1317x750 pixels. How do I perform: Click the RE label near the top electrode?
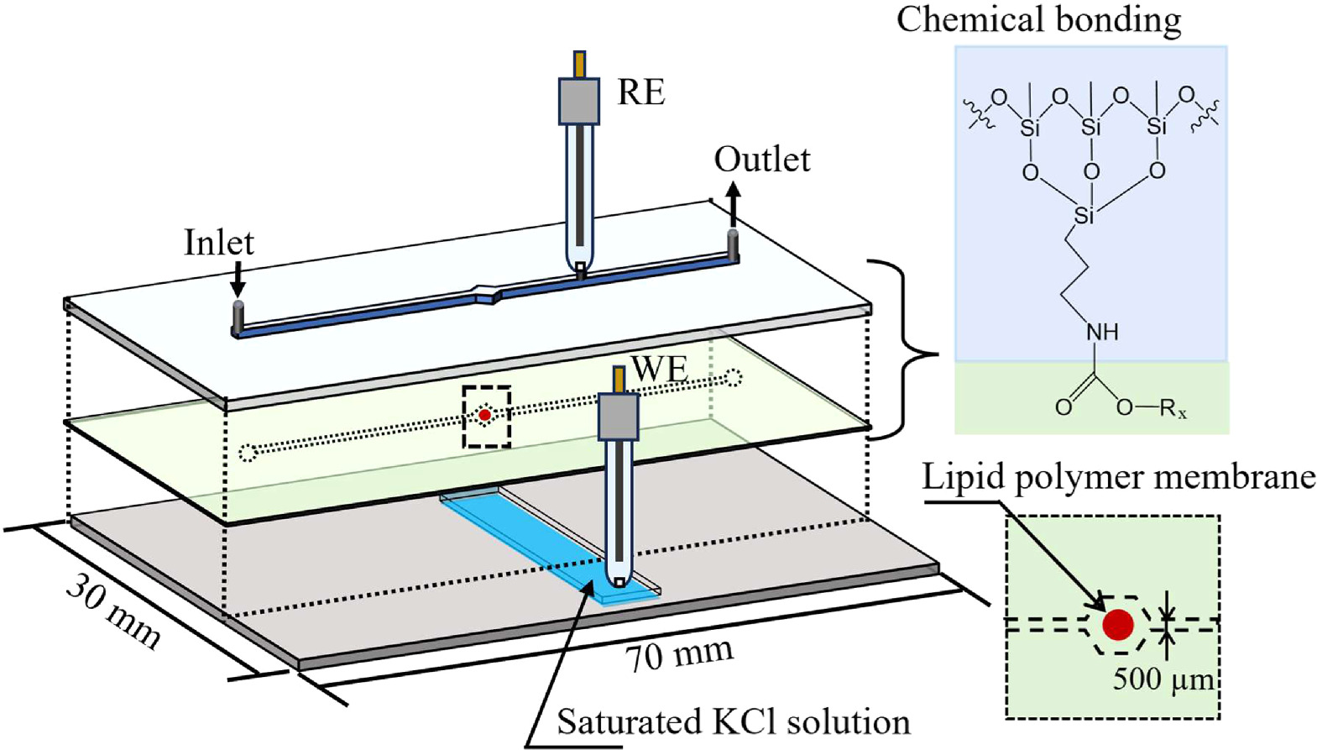tap(641, 92)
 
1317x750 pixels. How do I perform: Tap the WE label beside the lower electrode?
tap(660, 369)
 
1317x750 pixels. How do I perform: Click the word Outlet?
tap(762, 159)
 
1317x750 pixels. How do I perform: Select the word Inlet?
tap(218, 243)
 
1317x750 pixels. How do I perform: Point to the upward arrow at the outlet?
tap(733, 203)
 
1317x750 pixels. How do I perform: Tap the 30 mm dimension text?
tap(112, 611)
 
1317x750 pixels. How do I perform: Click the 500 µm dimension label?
tap(1163, 679)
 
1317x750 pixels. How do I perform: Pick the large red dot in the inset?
tap(1118, 624)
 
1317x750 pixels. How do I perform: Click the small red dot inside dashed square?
tap(484, 415)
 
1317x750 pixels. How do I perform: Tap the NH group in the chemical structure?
tap(1102, 333)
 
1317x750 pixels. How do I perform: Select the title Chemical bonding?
tap(1038, 18)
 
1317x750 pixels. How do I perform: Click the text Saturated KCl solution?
tap(733, 721)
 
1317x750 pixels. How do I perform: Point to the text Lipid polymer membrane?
tap(1118, 477)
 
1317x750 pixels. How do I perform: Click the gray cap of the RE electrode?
tap(579, 101)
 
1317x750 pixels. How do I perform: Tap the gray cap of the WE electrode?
tap(619, 417)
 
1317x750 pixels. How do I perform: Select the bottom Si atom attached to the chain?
tap(1084, 216)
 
